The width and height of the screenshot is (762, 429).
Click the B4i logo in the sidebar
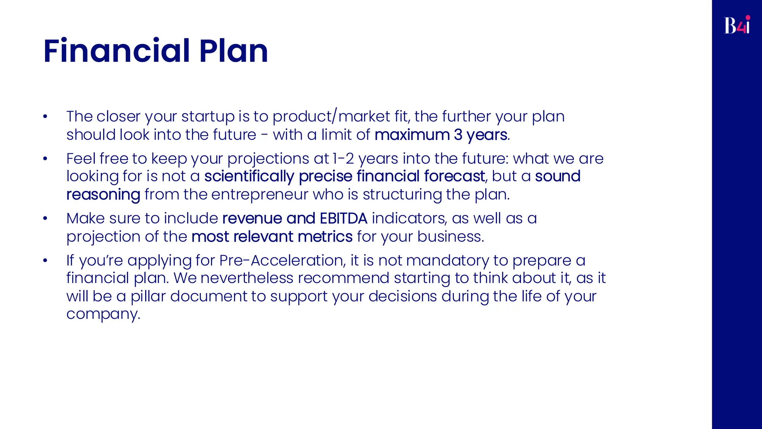[x=737, y=25]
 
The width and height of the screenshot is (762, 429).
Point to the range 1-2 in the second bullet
[x=343, y=159]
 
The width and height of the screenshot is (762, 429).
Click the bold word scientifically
[x=249, y=177]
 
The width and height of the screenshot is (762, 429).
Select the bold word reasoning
[x=103, y=195]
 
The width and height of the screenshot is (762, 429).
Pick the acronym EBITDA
[x=343, y=218]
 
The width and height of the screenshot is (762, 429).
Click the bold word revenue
[x=252, y=218]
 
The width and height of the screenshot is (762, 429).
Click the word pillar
[x=148, y=296]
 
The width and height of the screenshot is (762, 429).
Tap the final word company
[x=103, y=314]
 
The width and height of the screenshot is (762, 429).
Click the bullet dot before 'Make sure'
[x=45, y=219]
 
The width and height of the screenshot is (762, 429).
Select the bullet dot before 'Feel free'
[x=45, y=159]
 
